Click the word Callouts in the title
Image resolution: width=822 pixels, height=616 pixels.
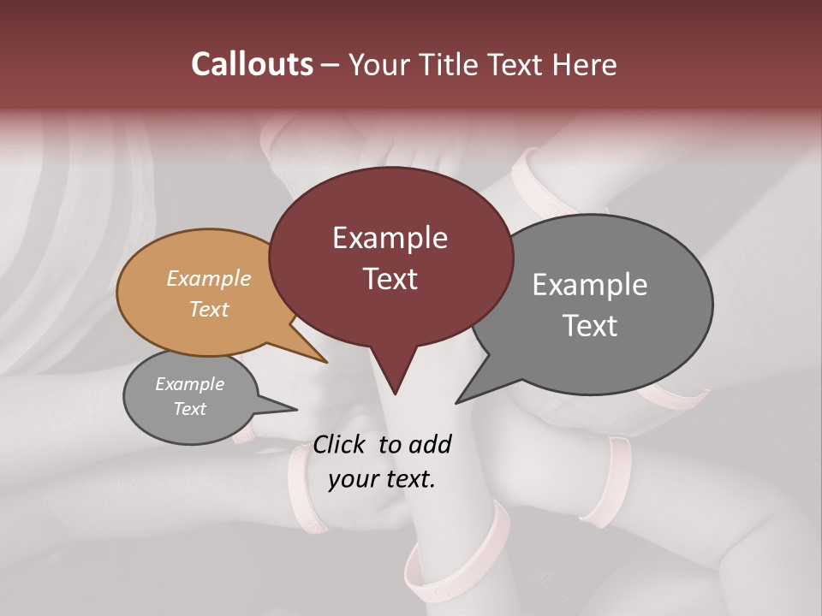coord(253,64)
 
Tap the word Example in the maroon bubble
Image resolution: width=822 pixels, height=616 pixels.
coord(390,238)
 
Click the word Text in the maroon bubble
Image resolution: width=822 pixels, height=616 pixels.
coord(390,278)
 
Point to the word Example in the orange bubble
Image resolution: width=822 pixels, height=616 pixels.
coord(209,278)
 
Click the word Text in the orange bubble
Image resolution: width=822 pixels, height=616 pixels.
coord(209,309)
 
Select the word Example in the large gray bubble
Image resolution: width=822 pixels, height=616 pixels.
coord(590,284)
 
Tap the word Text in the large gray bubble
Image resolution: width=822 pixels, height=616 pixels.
coord(590,325)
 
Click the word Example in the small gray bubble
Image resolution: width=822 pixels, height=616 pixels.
coord(189,384)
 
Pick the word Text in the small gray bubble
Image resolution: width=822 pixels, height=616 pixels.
coord(189,409)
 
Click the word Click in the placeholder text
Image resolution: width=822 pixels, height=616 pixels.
coord(341,444)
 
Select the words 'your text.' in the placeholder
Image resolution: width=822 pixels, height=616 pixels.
coord(382,479)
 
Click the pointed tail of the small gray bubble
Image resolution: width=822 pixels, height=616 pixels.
coord(295,409)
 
